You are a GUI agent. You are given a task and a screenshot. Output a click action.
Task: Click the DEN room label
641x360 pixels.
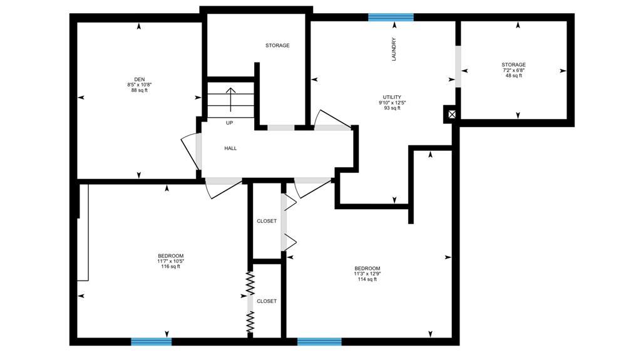point(140,80)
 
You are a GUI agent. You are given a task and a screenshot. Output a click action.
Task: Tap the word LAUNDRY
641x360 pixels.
point(394,49)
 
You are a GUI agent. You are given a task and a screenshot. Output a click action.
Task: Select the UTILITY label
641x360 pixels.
point(392,98)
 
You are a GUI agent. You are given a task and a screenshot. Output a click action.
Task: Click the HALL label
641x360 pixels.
point(230,148)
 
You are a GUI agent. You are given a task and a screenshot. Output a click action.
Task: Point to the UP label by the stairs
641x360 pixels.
point(229,123)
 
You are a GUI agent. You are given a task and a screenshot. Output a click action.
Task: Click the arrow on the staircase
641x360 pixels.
point(231,100)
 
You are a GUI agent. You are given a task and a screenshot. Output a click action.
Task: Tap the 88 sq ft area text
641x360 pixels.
point(140,90)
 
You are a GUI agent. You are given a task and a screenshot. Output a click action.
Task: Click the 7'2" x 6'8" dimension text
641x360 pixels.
point(514,70)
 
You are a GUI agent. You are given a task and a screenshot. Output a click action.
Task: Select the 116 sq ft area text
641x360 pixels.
point(170,267)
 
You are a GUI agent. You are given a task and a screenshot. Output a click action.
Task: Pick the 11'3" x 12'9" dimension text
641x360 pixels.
point(367,274)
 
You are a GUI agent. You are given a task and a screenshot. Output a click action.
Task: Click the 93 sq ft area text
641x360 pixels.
point(392,108)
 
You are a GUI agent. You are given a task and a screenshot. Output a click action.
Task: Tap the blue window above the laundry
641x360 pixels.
point(391,17)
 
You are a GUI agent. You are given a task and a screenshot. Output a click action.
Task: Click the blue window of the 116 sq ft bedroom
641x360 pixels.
point(151,342)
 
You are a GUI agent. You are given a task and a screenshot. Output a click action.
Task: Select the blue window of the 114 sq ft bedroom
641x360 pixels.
point(319,342)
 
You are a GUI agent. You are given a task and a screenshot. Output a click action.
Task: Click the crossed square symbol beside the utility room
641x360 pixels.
point(451,114)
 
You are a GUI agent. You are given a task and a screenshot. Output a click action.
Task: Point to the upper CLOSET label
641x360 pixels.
point(267,221)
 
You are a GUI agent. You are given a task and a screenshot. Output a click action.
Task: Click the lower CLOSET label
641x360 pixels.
point(267,301)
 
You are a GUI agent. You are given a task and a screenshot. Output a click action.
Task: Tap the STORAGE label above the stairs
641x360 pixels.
point(277,46)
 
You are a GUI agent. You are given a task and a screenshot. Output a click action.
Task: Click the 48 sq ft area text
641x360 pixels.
point(514,76)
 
